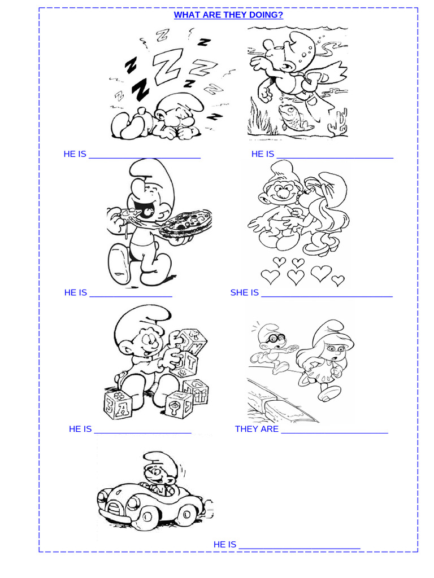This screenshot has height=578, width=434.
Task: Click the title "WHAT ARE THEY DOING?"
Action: click(228, 15)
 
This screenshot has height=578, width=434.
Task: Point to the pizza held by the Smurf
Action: click(185, 224)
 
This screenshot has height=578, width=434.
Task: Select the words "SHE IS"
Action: click(244, 292)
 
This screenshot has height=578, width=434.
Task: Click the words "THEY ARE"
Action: click(257, 429)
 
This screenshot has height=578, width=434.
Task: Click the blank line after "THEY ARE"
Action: click(334, 432)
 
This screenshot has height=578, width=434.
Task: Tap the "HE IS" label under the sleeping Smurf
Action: click(75, 154)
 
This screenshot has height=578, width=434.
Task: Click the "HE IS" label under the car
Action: click(224, 544)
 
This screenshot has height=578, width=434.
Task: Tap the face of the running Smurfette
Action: click(334, 351)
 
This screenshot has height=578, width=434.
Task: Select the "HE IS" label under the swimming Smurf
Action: click(262, 154)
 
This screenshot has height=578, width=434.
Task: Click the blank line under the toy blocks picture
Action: click(142, 432)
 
